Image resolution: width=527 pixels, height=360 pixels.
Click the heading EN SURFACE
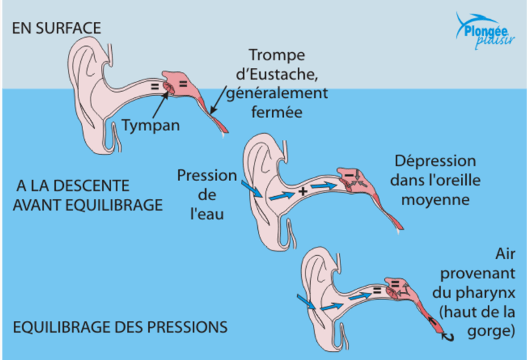coord(57,28)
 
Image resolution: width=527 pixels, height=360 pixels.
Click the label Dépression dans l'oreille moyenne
coord(435,181)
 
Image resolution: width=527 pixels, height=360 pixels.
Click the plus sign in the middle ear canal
coord(302,192)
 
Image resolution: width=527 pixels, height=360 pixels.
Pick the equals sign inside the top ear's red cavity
coord(183,84)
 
